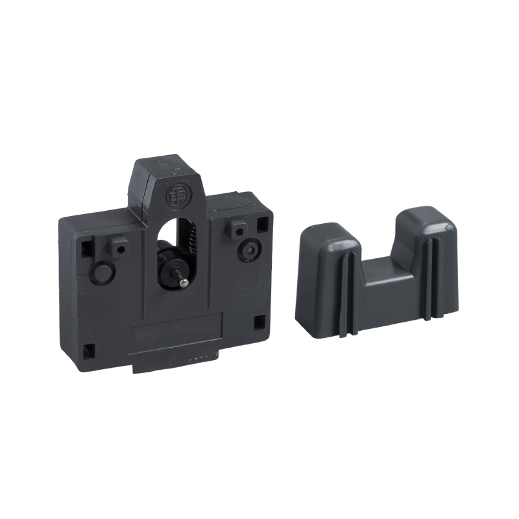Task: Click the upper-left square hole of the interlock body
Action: (85, 245)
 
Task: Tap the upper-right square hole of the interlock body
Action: (262, 224)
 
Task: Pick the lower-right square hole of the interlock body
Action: (259, 321)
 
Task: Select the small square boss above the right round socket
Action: (239, 228)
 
